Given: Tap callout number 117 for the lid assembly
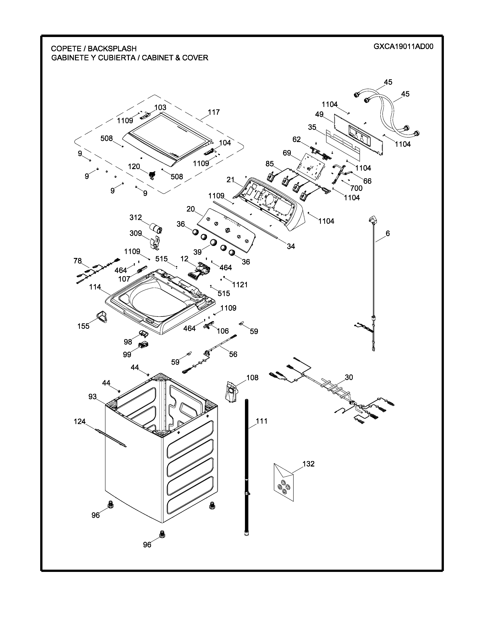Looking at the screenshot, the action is (214, 112).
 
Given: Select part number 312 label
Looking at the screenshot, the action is (136, 217).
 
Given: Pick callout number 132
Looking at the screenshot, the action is (308, 463).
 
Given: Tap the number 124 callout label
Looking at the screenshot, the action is (79, 421).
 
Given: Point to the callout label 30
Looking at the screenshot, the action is (349, 377).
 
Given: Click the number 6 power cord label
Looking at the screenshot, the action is (388, 233).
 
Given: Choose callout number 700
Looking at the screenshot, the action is (356, 188).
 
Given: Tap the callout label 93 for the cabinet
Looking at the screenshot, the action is (92, 397).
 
